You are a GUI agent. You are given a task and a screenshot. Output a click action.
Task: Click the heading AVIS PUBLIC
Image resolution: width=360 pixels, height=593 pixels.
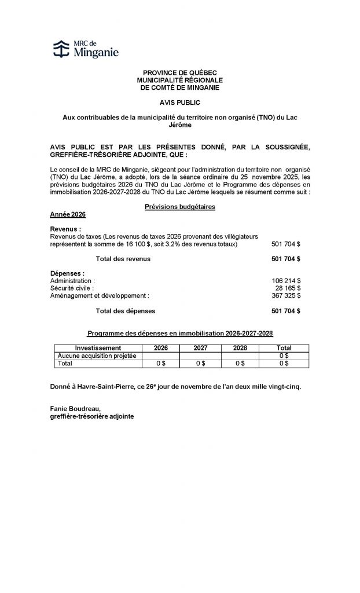tap(179, 102)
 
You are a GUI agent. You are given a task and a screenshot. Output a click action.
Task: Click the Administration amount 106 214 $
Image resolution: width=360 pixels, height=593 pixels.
tap(286, 280)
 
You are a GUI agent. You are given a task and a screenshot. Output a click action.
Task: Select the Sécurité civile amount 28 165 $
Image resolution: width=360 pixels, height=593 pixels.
tap(288, 288)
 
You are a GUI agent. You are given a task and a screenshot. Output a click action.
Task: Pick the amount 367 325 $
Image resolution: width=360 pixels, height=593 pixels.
tap(286, 295)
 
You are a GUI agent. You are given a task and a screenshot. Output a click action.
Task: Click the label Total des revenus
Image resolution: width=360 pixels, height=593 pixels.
tap(123, 259)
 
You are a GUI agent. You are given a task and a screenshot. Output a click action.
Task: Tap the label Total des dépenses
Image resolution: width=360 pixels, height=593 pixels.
tap(125, 311)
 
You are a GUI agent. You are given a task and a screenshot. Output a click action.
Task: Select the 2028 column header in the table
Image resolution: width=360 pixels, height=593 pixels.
tap(240, 347)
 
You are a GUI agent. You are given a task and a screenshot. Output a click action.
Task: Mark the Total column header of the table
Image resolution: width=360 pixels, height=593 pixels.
tap(284, 347)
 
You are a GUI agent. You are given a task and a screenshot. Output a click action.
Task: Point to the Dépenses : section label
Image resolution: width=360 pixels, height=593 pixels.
tap(68, 273)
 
